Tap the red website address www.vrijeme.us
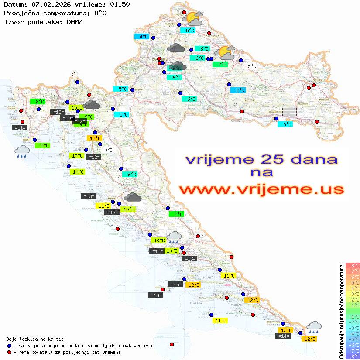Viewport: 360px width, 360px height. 261,190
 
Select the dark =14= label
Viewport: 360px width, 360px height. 283,336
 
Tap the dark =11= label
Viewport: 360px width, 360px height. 20,128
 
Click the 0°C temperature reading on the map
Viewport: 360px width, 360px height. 108,150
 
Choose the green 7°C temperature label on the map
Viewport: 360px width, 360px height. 222,65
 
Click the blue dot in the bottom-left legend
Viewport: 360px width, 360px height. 9,346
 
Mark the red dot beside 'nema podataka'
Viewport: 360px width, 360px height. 9,352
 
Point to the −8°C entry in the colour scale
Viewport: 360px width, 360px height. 353,356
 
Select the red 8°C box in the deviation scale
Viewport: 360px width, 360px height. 353,265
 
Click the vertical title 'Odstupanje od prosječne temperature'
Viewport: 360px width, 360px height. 341,311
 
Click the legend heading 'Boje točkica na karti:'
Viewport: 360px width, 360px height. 35,339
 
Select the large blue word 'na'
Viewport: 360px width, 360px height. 262,172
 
